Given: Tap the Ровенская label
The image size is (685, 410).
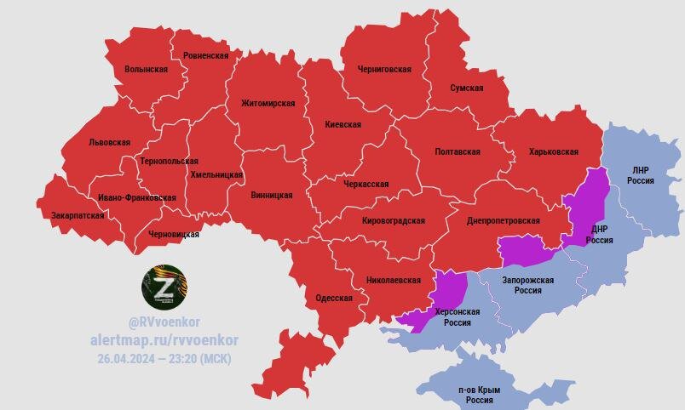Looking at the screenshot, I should (205, 55).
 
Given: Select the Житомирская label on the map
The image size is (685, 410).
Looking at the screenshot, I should (268, 104).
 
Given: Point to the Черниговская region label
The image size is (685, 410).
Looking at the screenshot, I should (385, 69).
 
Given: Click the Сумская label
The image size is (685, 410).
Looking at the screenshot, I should (467, 88).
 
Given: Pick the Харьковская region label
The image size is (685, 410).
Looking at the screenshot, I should (553, 151).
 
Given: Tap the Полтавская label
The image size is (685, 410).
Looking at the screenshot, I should (458, 151).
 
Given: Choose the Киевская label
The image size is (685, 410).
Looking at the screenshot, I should (342, 124).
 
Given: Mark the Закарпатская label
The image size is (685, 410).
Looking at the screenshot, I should (78, 215).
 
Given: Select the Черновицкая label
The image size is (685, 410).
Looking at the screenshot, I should (174, 234).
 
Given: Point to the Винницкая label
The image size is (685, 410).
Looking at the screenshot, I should (272, 195).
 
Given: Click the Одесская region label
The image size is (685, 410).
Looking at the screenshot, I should (333, 298).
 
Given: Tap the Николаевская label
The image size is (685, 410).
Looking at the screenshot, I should (393, 279).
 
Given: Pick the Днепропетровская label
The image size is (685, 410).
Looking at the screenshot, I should (504, 220).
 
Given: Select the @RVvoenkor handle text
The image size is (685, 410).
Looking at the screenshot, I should (164, 323).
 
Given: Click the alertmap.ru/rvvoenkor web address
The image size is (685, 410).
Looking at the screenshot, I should (164, 340).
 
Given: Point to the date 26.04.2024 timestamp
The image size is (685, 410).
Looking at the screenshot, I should (164, 358).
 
